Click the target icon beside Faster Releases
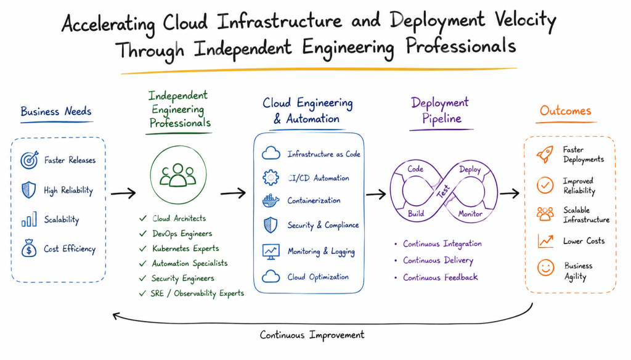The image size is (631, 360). [x=30, y=160]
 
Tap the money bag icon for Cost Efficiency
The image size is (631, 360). [x=29, y=248]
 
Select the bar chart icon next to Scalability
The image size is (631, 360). [x=29, y=219]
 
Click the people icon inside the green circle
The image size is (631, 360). [x=178, y=175]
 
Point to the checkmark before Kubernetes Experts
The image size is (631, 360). [x=143, y=249]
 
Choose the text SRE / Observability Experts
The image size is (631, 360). [x=197, y=293]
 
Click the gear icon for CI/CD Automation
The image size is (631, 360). [x=271, y=177]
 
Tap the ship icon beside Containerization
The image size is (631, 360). [x=271, y=200]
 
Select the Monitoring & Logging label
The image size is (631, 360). [x=321, y=252]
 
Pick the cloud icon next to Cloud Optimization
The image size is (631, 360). [x=271, y=277]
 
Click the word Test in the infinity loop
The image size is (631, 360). [x=444, y=191]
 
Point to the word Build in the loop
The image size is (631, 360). [x=416, y=213]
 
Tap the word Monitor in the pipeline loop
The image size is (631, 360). [x=470, y=214]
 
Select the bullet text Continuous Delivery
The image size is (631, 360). [x=438, y=261]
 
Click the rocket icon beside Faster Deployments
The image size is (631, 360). [x=545, y=154]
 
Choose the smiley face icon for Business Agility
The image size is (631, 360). [x=545, y=268]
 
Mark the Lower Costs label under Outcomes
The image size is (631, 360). [x=584, y=241]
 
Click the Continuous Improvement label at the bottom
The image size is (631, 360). [x=312, y=335]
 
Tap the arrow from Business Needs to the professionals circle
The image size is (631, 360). [x=123, y=194]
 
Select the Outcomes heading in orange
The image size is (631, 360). [x=566, y=110]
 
